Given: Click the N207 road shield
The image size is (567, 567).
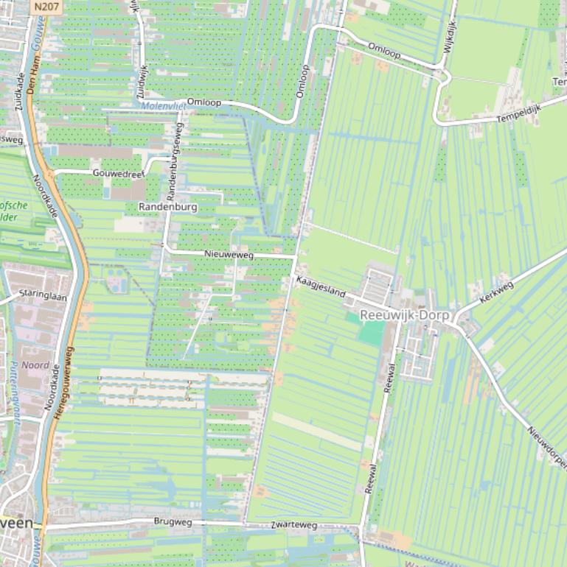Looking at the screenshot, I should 44,6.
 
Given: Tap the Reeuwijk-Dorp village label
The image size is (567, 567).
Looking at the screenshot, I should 404,315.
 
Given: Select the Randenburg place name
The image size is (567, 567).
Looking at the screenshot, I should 168,208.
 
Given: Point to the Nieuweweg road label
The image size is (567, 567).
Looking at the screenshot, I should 229,255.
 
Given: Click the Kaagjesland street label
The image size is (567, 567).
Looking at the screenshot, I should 321,287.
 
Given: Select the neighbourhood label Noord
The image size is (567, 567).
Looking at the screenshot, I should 35,365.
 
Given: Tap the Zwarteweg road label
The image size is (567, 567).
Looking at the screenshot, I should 293,525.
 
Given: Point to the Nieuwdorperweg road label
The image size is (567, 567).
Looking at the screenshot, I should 547,446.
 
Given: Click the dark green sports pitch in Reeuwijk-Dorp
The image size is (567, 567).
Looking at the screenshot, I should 372,331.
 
